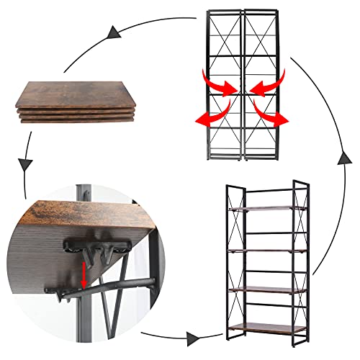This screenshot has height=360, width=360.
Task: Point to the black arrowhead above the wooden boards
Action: tap(112, 32)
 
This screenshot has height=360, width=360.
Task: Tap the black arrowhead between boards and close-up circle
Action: tap(26, 165)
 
